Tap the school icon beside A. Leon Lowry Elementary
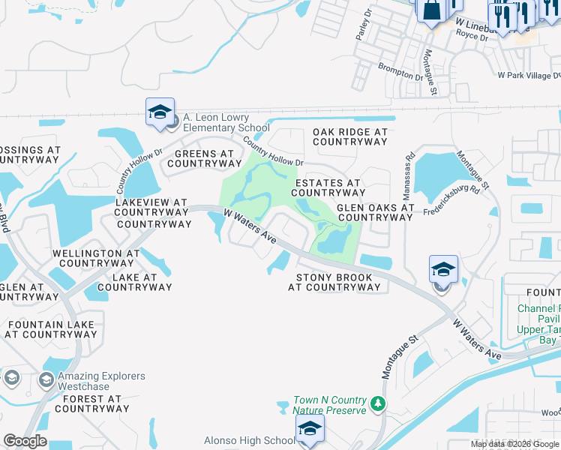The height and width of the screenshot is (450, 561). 160,112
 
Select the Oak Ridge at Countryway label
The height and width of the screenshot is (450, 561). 350,136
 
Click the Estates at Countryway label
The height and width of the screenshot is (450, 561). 328,187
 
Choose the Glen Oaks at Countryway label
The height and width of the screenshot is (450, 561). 375,212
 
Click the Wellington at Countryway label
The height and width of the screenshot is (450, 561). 96,258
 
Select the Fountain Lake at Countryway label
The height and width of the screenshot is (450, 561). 52,329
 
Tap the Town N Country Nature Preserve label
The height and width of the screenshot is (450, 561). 330,405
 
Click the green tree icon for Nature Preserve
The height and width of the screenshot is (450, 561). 379,405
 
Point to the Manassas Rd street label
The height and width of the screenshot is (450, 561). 409,173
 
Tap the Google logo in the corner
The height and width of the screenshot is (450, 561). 25,441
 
